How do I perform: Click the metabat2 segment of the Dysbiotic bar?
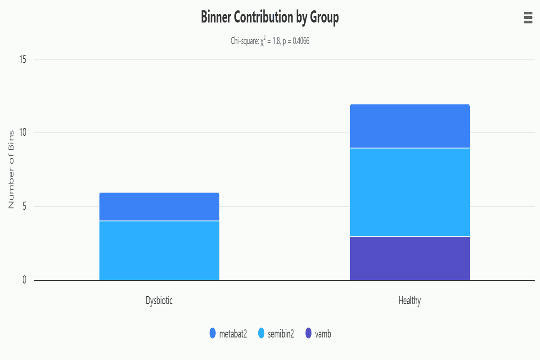[159, 207]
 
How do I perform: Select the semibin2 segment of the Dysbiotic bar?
[159, 250]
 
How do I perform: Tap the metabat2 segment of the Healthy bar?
[409, 126]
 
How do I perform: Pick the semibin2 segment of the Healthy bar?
[409, 192]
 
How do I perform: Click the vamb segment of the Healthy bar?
[409, 258]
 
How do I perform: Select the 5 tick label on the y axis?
[24, 207]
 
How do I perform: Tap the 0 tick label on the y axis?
[24, 280]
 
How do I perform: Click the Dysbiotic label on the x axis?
[159, 301]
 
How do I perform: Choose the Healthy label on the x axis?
[409, 301]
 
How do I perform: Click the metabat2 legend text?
[233, 333]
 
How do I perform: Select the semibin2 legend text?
[281, 333]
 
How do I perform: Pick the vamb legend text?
[323, 333]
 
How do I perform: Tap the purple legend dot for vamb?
[308, 333]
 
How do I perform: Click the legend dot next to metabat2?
[213, 333]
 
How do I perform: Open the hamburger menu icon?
[528, 18]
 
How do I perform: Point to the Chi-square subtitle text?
[270, 41]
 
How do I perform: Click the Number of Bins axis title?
[12, 170]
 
